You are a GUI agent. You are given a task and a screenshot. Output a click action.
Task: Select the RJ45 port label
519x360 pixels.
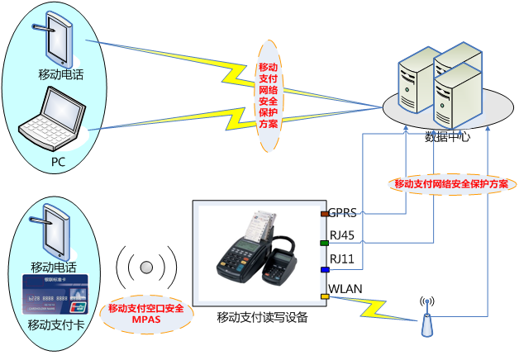click(x=341, y=236)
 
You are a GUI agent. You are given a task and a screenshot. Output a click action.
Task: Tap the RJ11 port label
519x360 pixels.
click(x=341, y=260)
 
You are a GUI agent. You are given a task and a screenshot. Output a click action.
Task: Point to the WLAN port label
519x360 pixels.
click(x=345, y=288)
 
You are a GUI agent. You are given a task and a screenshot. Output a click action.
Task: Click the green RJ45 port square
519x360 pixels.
click(x=325, y=243)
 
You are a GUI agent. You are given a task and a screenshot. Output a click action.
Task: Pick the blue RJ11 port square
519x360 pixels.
click(x=325, y=269)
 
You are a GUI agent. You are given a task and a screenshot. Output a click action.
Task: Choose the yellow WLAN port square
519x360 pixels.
click(x=325, y=296)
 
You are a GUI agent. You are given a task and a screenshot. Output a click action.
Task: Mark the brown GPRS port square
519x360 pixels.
click(x=325, y=214)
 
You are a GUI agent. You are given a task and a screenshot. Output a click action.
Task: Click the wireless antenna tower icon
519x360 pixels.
click(x=427, y=317)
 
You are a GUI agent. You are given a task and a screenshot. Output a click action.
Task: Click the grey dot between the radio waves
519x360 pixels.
click(x=147, y=268)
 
